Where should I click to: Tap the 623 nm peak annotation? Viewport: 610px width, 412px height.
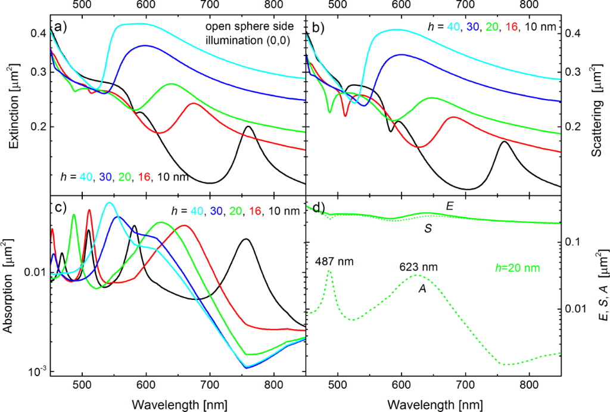(418, 267)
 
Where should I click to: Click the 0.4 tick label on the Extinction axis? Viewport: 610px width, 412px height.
(38, 33)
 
